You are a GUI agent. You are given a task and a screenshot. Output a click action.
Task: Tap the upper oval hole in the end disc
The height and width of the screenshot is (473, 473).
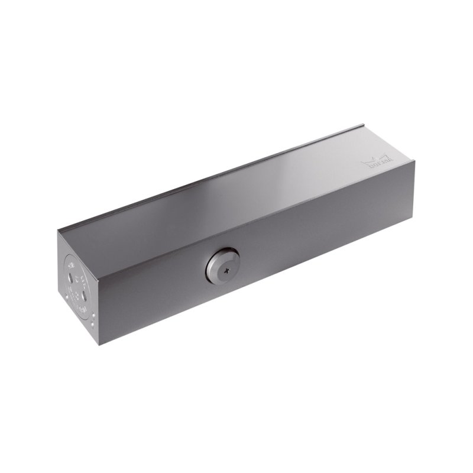(70, 277)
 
